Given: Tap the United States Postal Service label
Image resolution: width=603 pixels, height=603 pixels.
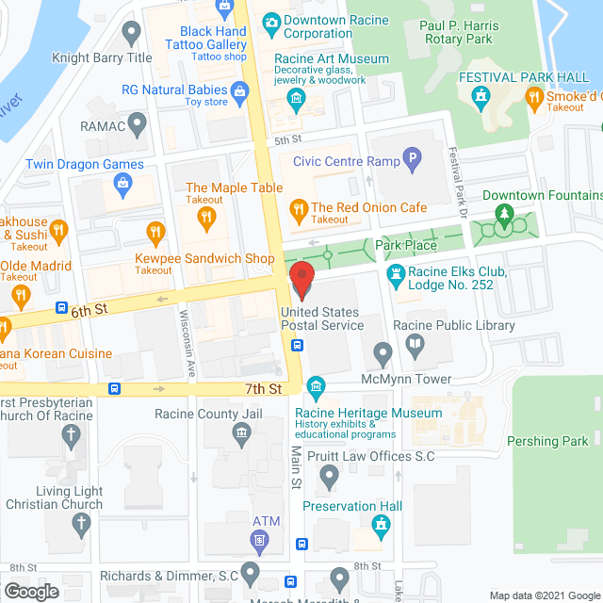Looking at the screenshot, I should point(321,318).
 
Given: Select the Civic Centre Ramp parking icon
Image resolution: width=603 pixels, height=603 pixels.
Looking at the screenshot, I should point(411,161).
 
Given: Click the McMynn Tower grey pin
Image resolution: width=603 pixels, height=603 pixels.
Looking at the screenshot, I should point(383,355).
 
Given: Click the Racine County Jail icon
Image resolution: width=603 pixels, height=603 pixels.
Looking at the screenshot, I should point(241,432).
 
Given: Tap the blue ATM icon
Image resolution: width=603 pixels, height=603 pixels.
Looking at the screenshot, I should point(260,540).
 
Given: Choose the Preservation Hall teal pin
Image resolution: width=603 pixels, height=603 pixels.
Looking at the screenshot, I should point(382,527).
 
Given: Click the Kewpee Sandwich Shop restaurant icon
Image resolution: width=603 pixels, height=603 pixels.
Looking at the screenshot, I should point(156,231).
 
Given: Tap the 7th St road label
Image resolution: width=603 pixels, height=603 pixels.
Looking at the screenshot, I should point(264,388).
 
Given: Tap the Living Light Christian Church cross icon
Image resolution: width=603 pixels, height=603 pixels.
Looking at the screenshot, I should point(82,523).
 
